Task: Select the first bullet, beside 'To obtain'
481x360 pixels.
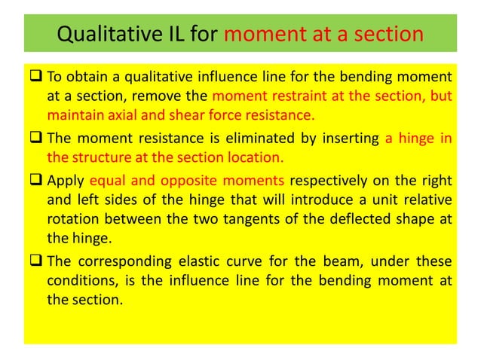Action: coord(37,78)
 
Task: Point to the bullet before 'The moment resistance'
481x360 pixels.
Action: coord(37,139)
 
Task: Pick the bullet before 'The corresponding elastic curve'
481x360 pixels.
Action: coord(37,261)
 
